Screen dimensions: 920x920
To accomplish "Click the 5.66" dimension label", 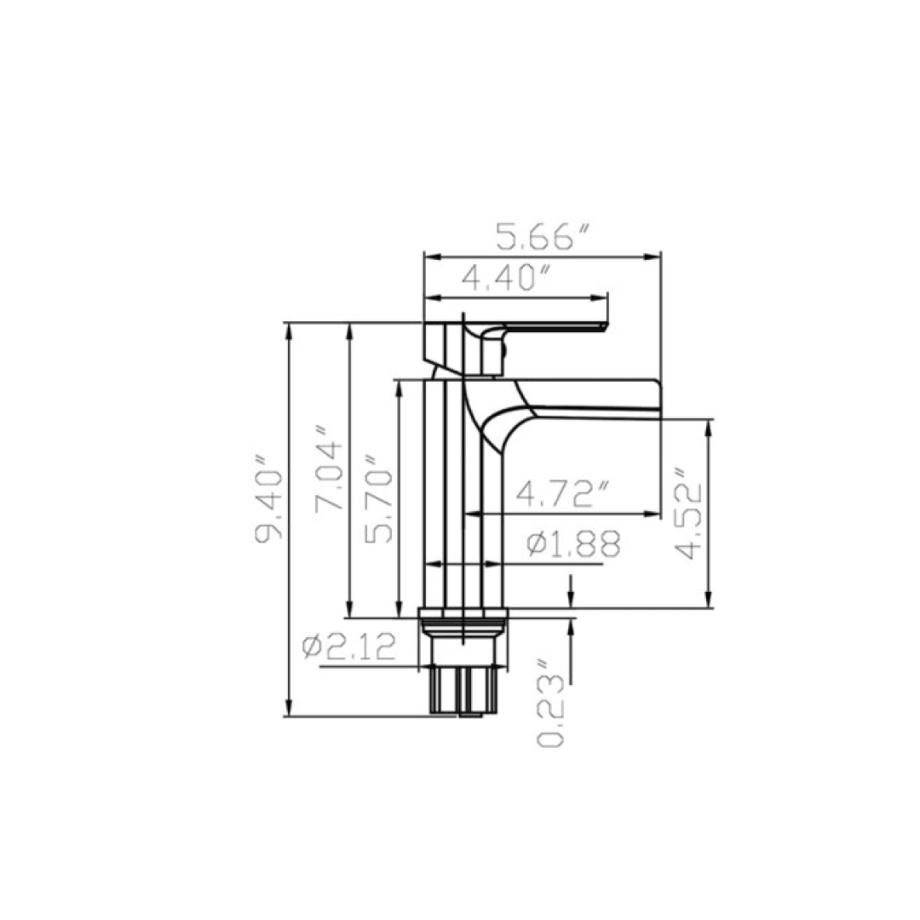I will pyautogui.click(x=543, y=238).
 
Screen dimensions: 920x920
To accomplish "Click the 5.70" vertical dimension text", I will pyautogui.click(x=377, y=504).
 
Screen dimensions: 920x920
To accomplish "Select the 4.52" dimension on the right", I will pyautogui.click(x=687, y=512).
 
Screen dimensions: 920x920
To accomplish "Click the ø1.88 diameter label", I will pyautogui.click(x=572, y=543).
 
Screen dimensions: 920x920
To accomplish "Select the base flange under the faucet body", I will pyautogui.click(x=464, y=613).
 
